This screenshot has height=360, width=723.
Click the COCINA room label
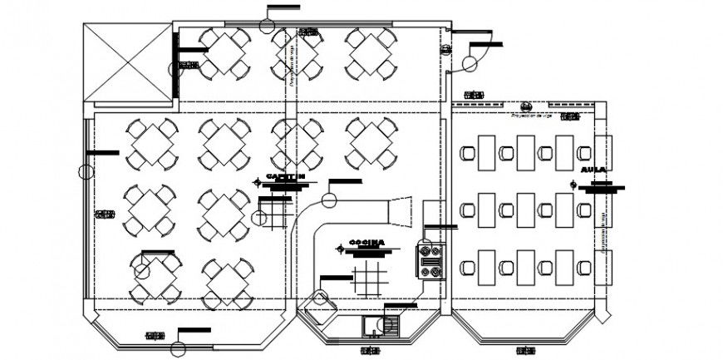[x=366, y=242]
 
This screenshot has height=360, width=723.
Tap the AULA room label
[x=593, y=170]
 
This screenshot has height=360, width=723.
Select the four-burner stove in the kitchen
[x=431, y=260]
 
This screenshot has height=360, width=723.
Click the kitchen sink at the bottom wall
[x=390, y=325]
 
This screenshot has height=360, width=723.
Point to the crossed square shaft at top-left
[x=126, y=62]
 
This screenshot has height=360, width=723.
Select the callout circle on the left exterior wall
[x=86, y=172]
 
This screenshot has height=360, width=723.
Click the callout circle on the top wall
[x=267, y=24]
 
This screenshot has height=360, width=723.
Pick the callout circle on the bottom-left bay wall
[x=178, y=348]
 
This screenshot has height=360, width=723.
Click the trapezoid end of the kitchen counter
[x=401, y=210]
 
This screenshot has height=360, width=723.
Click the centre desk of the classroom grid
[x=525, y=210]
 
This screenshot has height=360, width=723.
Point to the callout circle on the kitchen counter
[x=329, y=200]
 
